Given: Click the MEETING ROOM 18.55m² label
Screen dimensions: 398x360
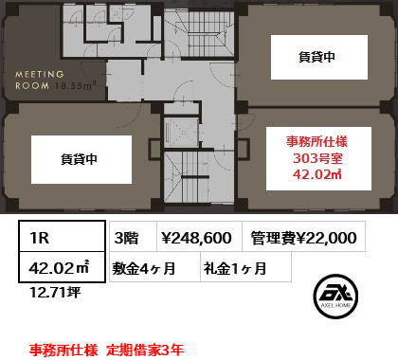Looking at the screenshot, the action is pos(55,81).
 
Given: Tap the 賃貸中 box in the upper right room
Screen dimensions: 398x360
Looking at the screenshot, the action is pos(319,57).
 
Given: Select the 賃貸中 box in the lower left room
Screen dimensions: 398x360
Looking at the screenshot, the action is pos(81,159).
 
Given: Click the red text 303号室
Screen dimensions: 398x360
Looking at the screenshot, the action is pos(317,158).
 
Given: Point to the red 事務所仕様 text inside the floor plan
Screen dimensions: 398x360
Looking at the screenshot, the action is pos(317,141).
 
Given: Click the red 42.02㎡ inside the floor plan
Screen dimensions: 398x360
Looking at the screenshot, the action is pos(317,174).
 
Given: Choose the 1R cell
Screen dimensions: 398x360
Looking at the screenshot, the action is pos(62,237).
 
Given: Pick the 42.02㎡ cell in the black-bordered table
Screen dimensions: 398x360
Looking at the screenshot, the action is pos(62,267).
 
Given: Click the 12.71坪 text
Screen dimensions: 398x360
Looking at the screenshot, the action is pos(55,293).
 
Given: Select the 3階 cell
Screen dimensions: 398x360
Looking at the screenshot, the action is pos(133,237).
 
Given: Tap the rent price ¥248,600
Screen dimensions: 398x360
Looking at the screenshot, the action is pos(199,237).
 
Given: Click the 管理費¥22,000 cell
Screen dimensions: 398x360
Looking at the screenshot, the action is pos(304,237).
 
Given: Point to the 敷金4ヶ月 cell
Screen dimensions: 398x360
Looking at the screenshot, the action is pos(154,267).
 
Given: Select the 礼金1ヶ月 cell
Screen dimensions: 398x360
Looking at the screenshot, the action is pos(245,267).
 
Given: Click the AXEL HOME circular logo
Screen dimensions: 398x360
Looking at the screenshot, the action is pos(335,296).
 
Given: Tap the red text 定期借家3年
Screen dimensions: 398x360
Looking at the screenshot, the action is pos(145,350).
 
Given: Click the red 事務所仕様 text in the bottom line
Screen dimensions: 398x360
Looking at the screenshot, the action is pos(63,350).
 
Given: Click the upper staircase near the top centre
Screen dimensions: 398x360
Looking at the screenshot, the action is pos(200,34).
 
